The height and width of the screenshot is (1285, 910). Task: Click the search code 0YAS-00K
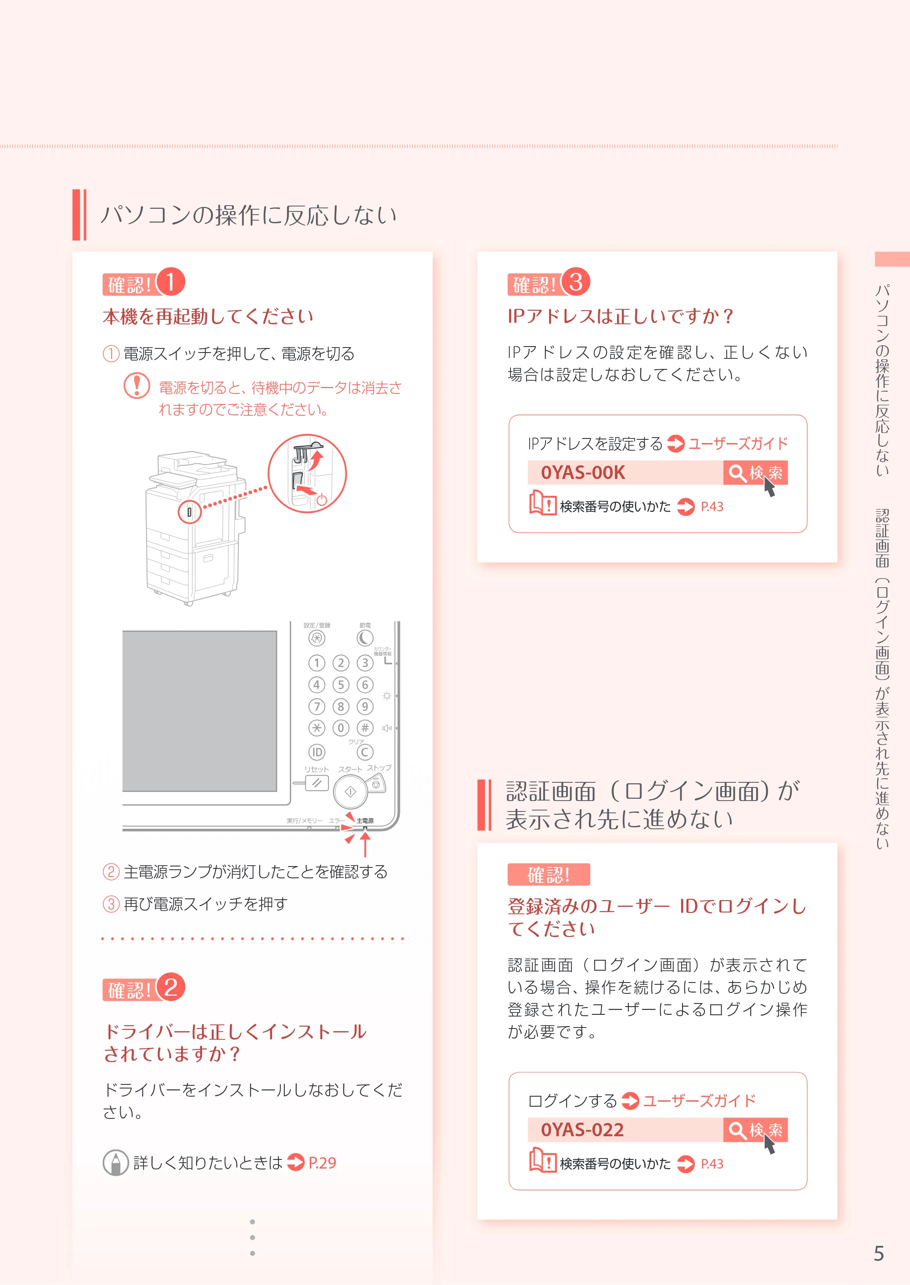[x=583, y=473]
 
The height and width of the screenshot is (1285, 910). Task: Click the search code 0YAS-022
[x=582, y=1130]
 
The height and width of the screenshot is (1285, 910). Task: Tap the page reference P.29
[x=322, y=1163]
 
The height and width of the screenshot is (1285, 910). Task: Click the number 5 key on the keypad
[x=341, y=685]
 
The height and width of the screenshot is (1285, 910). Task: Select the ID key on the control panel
[x=317, y=752]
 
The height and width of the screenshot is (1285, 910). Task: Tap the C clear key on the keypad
[x=365, y=752]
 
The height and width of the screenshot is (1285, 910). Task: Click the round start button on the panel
[x=350, y=791]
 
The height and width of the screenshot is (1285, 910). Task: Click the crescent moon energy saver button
[x=365, y=638]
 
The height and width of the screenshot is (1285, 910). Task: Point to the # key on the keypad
[x=365, y=728]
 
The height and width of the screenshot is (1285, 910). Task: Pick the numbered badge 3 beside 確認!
[x=576, y=281]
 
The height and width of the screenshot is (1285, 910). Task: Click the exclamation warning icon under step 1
[x=136, y=385]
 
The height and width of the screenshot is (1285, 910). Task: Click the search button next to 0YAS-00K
[x=755, y=473]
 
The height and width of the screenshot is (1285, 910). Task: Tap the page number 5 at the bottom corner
[x=879, y=1253]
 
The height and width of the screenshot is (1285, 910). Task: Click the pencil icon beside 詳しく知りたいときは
[x=116, y=1163]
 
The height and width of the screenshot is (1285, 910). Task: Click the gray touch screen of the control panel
[x=199, y=711]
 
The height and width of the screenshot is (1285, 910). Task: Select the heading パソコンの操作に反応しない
[x=249, y=215]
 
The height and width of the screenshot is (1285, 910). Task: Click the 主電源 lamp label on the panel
[x=365, y=821]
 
